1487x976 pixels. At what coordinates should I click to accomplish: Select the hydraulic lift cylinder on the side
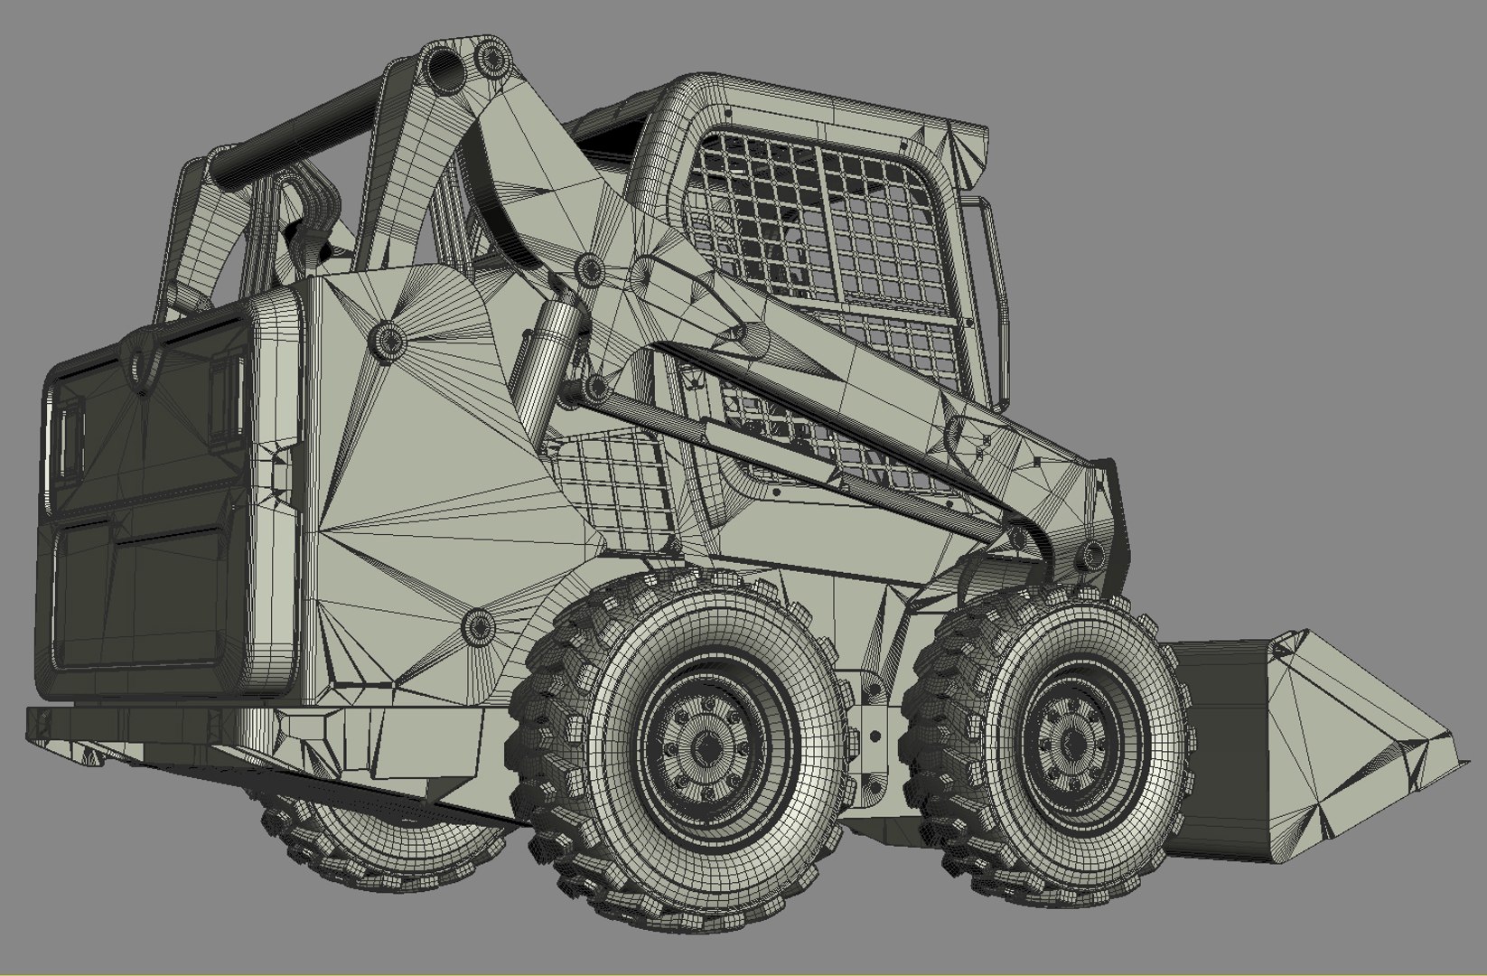click(548, 352)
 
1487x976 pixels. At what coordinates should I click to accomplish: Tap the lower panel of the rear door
click(145, 596)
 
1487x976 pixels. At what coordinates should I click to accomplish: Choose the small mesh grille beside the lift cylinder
click(623, 488)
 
